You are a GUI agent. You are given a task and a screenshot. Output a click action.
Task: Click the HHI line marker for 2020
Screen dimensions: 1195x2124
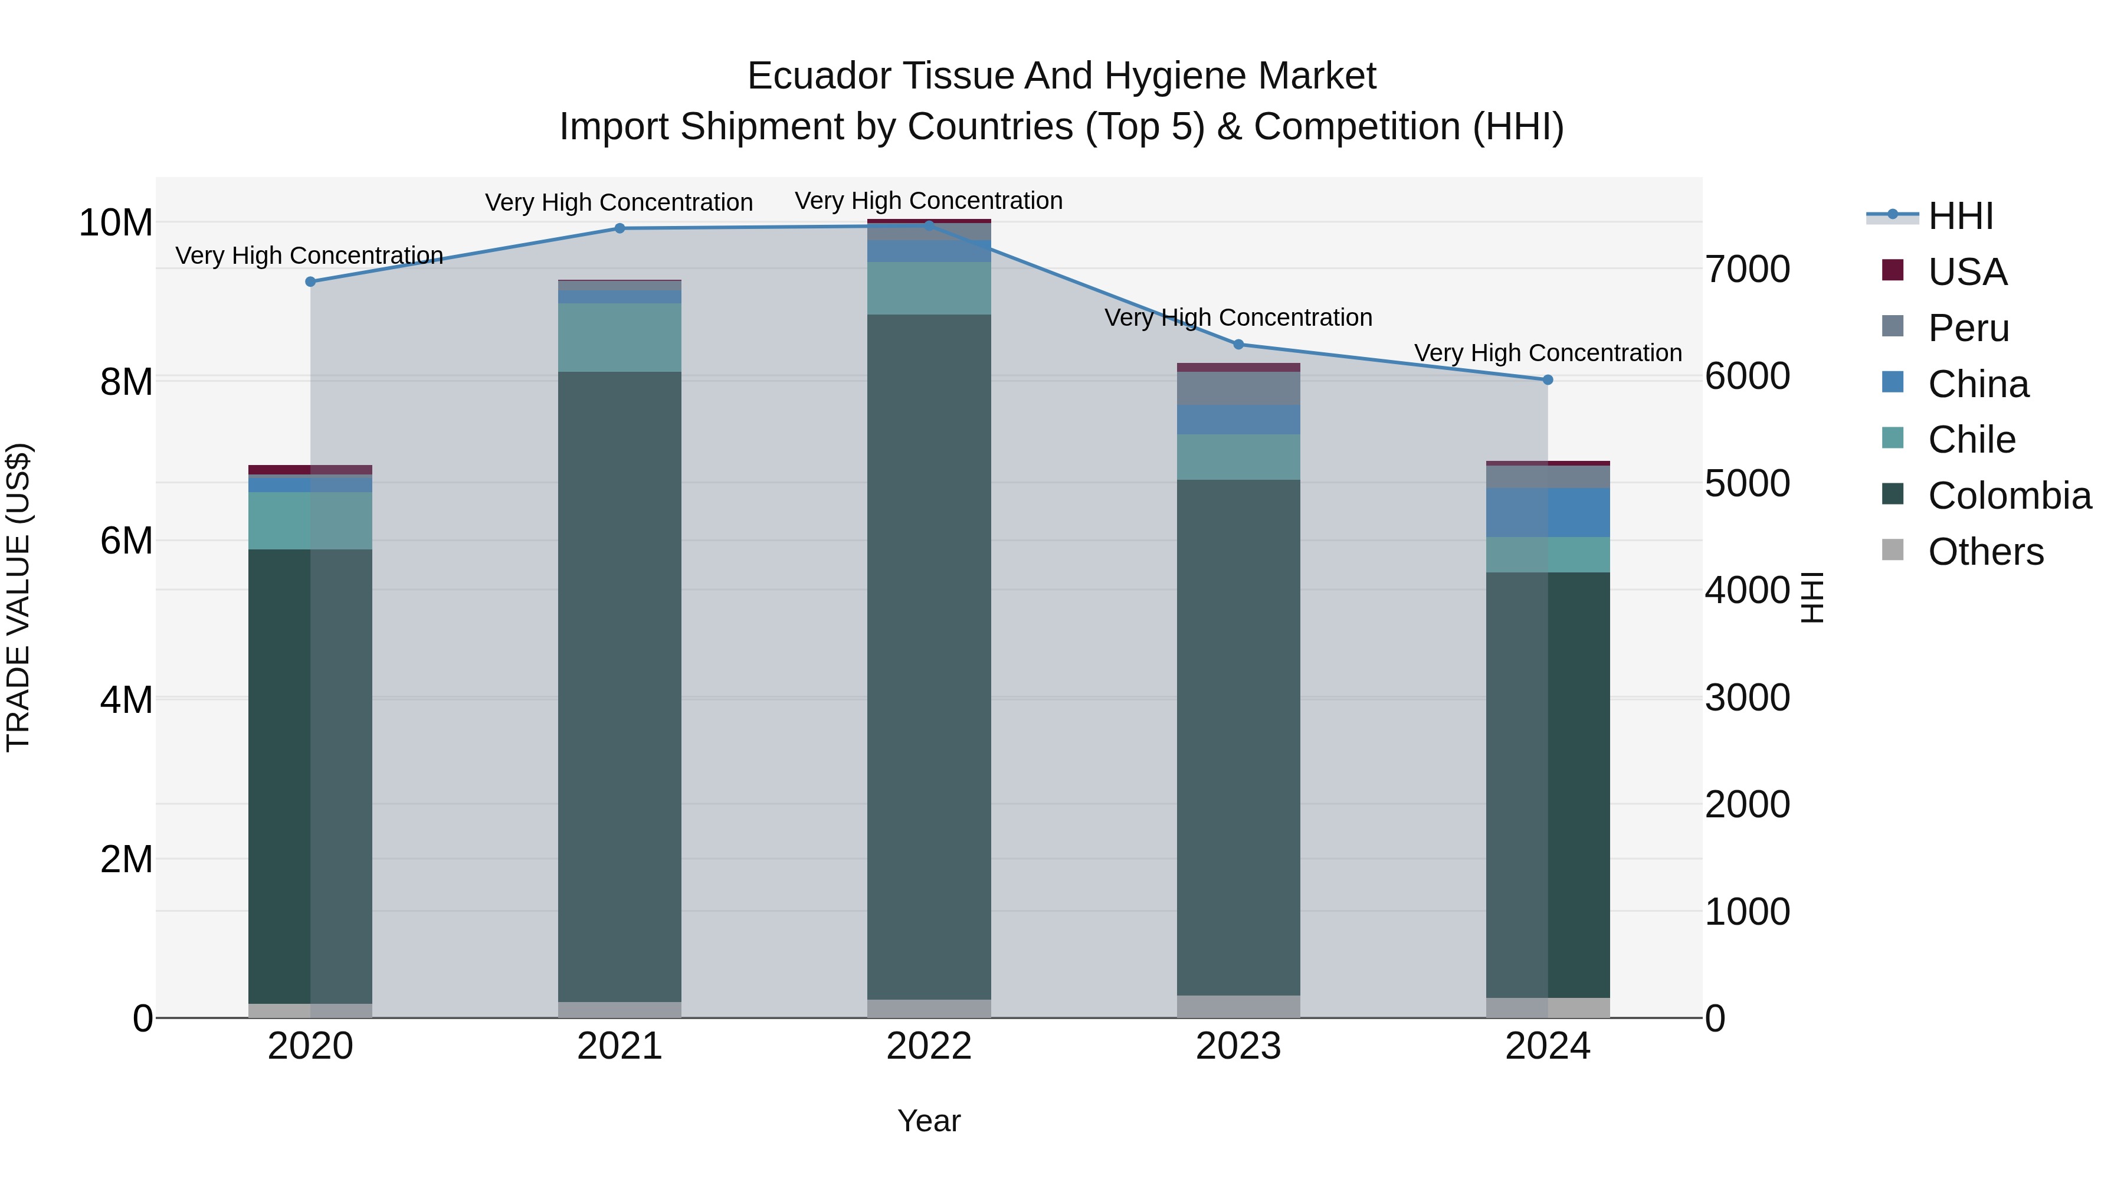point(310,281)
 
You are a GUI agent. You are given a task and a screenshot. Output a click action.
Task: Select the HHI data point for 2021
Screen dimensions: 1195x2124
point(620,228)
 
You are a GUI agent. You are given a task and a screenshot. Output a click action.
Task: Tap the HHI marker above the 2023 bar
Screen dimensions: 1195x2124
point(1238,345)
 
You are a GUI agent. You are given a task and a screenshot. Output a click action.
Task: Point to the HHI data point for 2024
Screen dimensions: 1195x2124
point(1548,380)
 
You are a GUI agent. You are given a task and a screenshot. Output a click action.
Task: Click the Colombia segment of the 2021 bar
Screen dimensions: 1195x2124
point(620,685)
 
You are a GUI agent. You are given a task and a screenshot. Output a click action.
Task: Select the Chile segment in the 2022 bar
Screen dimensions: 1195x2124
point(929,288)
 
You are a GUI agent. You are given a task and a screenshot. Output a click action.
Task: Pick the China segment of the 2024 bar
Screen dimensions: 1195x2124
point(1548,512)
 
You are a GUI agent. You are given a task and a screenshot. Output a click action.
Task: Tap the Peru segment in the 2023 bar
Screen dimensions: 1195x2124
point(1238,388)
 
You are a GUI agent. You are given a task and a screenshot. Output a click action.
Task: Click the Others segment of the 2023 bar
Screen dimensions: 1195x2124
point(1238,1006)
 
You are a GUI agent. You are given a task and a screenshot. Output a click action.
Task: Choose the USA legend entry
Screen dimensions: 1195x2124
point(1966,272)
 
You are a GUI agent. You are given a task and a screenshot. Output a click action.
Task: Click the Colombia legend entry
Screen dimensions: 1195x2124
point(2008,496)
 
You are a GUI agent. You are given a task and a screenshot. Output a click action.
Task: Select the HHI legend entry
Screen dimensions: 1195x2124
point(1960,216)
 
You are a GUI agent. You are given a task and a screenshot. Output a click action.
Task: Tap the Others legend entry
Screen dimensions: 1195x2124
point(1985,552)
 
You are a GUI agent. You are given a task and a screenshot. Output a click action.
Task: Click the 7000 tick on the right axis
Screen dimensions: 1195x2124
point(1747,270)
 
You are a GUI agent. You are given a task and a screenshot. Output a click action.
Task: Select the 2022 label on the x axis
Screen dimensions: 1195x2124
point(929,1046)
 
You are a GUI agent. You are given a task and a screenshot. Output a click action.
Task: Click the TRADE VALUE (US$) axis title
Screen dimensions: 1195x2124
point(18,597)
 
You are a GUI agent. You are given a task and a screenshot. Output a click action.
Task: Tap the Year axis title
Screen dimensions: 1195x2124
point(929,1121)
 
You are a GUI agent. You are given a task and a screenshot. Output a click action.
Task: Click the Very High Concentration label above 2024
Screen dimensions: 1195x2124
point(1548,353)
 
